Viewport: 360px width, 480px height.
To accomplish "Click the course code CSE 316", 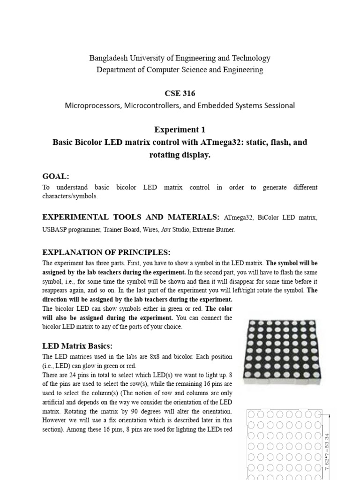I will [x=180, y=93].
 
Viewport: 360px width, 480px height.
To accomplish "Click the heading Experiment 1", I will [x=180, y=129].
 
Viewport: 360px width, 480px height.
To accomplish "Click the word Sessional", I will [x=278, y=105].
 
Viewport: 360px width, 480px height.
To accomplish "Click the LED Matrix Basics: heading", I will [x=77, y=346].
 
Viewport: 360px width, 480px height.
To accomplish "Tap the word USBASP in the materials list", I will [x=55, y=230].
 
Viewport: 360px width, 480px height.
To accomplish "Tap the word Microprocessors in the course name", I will [x=93, y=105].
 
